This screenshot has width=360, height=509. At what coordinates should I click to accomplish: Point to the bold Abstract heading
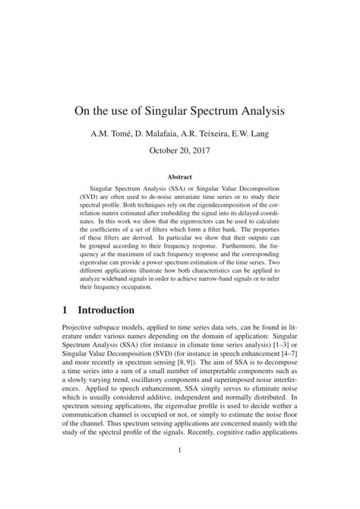(x=179, y=176)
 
